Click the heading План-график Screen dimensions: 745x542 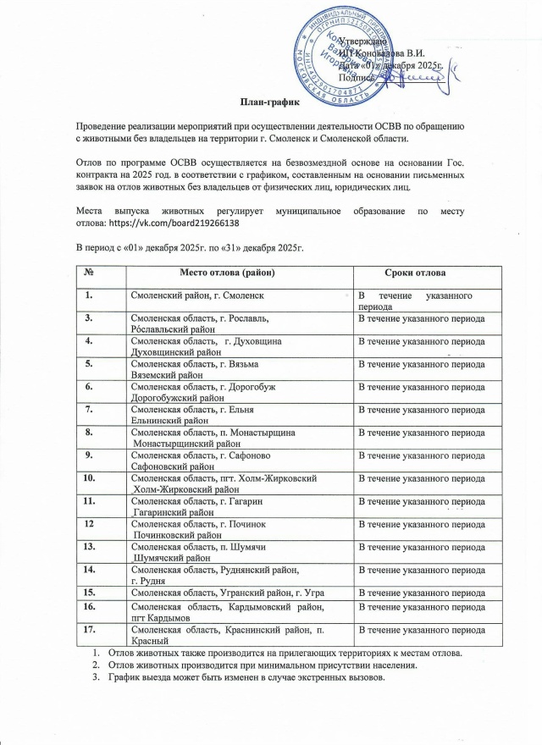pos(272,103)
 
